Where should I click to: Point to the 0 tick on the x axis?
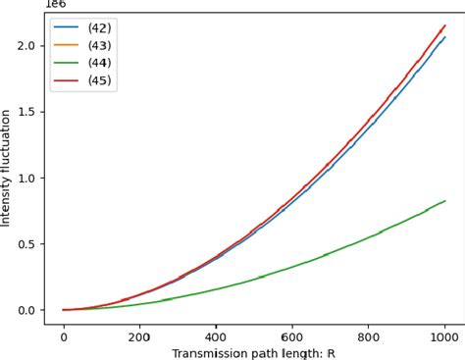[x=64, y=334]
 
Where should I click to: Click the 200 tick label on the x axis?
[x=140, y=334]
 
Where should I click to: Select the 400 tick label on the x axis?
[x=217, y=334]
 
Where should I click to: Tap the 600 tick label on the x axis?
[x=293, y=334]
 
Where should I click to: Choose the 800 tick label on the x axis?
[x=369, y=334]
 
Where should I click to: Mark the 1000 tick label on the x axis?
[x=445, y=334]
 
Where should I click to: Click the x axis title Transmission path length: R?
[x=254, y=351]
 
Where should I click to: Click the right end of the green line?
[x=445, y=201]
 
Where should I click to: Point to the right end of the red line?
[x=445, y=26]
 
